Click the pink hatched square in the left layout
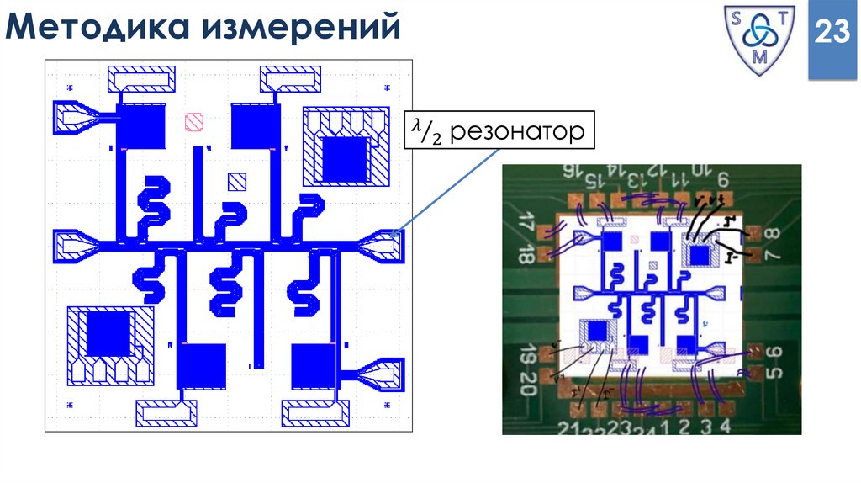(x=195, y=122)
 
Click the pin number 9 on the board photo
(x=722, y=178)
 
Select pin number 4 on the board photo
(x=724, y=425)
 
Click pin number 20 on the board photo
(x=527, y=390)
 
